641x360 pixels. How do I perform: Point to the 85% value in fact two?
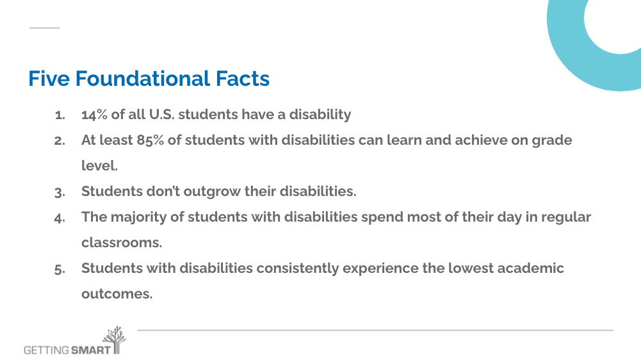[150, 140]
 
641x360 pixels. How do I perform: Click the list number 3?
[60, 192]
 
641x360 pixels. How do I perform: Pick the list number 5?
[60, 269]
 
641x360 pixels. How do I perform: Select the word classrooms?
[122, 243]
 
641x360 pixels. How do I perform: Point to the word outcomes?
[117, 294]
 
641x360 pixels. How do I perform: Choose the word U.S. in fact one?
[161, 115]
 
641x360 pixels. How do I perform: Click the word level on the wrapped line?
[99, 166]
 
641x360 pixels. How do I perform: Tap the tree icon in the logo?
[115, 340]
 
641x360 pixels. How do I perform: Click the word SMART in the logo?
[90, 350]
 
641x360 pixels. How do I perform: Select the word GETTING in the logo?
[46, 350]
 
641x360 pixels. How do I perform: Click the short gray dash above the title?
[45, 28]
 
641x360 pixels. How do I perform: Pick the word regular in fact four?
[566, 218]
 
